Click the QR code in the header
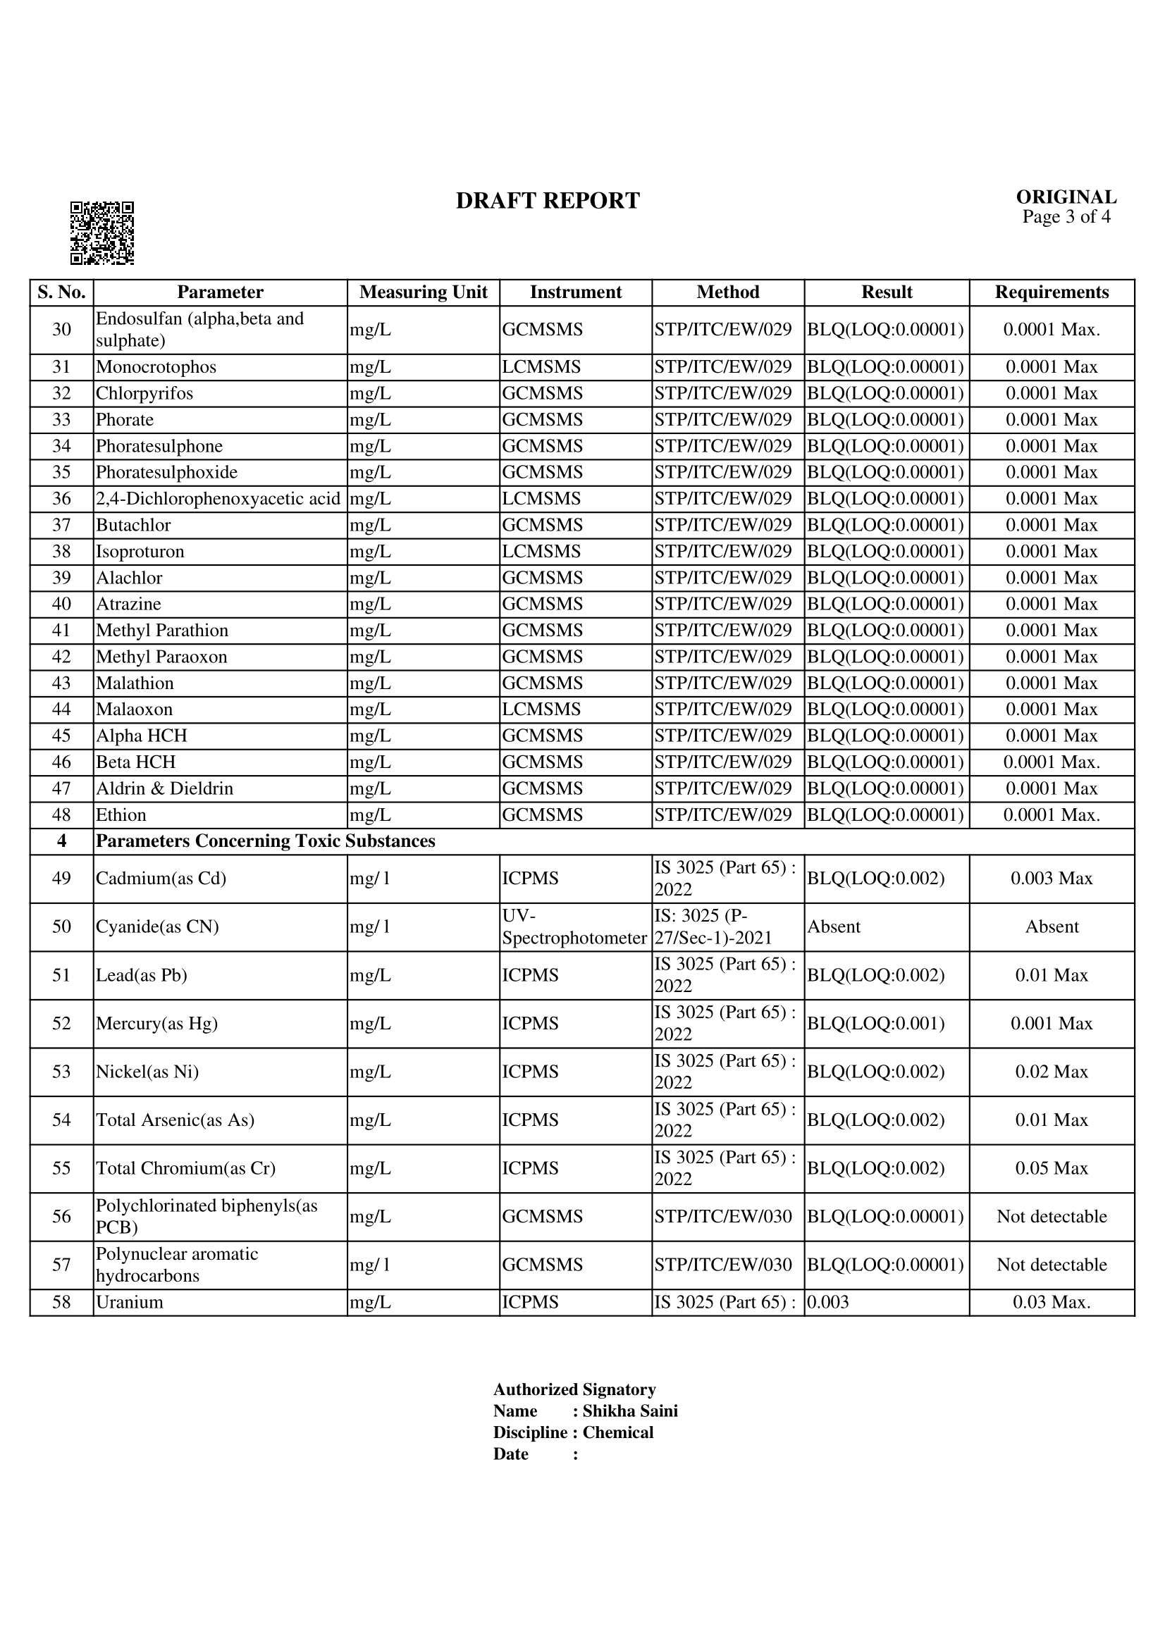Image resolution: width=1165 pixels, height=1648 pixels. (102, 233)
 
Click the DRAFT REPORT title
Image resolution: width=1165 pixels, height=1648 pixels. (548, 201)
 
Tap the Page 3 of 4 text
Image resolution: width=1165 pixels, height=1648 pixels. (1066, 217)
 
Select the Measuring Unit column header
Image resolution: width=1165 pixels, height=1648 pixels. (423, 292)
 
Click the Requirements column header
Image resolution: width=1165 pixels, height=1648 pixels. (1051, 292)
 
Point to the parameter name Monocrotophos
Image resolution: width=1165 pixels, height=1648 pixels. (156, 367)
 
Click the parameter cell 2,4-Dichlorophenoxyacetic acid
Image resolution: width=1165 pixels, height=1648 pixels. (218, 499)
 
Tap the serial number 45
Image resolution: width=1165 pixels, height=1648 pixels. (62, 736)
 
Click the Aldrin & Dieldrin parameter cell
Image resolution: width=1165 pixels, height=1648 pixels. (164, 789)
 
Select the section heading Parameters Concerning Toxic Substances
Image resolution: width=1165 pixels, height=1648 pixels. (266, 841)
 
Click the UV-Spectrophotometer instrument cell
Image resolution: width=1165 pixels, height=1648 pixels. (574, 927)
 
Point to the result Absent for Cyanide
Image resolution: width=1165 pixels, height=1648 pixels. (833, 927)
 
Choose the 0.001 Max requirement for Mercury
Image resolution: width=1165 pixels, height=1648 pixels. (1051, 1024)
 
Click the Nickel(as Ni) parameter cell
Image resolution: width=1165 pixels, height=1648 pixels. (147, 1072)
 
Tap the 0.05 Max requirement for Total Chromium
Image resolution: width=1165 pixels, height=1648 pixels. (1051, 1168)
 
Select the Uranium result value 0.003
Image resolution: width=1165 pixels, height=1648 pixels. (827, 1303)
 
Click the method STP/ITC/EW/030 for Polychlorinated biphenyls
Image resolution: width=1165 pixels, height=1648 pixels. (723, 1217)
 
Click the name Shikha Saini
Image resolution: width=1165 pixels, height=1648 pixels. (629, 1411)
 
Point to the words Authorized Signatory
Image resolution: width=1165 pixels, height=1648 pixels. (574, 1389)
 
